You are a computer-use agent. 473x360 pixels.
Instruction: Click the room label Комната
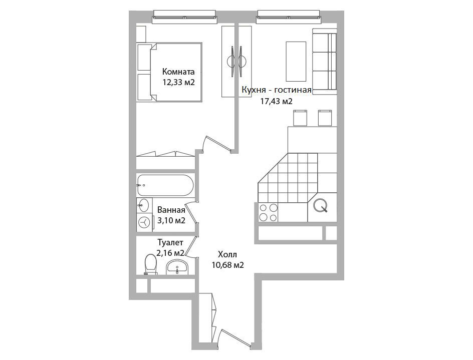tap(178, 72)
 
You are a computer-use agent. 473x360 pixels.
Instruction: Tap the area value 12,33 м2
tap(178, 82)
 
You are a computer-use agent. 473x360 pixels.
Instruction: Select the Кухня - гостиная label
tap(276, 90)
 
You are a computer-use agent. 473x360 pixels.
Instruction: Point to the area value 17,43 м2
tap(276, 101)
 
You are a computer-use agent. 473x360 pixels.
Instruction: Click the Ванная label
tap(171, 210)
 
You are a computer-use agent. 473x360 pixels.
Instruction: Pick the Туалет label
tap(170, 242)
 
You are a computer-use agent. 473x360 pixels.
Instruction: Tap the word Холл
tap(227, 254)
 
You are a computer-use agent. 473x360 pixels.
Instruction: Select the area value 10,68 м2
tap(228, 265)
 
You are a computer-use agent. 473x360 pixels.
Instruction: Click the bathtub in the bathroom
tap(165, 185)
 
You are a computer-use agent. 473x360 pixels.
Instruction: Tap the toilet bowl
tap(150, 264)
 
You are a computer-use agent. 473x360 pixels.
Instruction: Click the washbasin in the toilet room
tap(177, 268)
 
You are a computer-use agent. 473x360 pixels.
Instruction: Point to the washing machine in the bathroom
tap(144, 222)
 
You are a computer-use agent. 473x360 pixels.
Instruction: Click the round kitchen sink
tap(320, 205)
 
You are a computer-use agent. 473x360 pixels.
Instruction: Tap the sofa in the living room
tap(324, 62)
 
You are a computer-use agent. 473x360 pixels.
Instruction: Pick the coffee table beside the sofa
tap(296, 62)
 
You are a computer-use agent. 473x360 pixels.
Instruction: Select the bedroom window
tap(185, 17)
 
